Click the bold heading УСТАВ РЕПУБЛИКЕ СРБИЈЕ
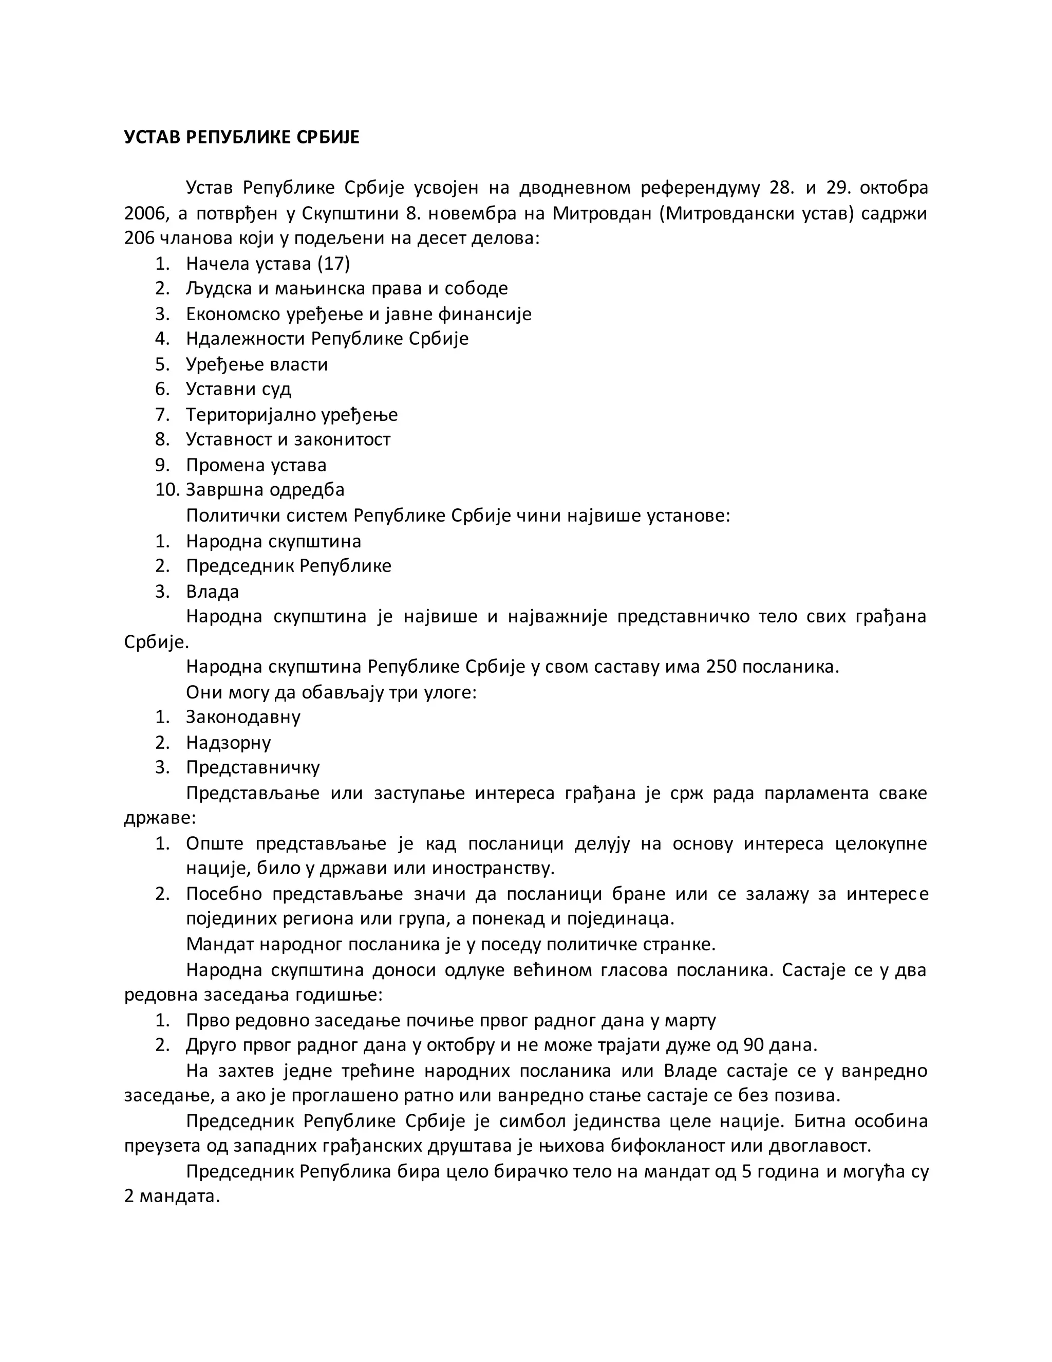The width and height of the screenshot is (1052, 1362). coord(242,137)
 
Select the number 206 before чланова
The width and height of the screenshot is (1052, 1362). coord(140,238)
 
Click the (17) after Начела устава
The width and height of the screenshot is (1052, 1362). coord(333,264)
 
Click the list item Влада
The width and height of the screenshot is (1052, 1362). coord(212,591)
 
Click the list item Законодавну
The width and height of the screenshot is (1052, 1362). coord(243,717)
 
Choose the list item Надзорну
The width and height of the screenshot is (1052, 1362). coord(228,743)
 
